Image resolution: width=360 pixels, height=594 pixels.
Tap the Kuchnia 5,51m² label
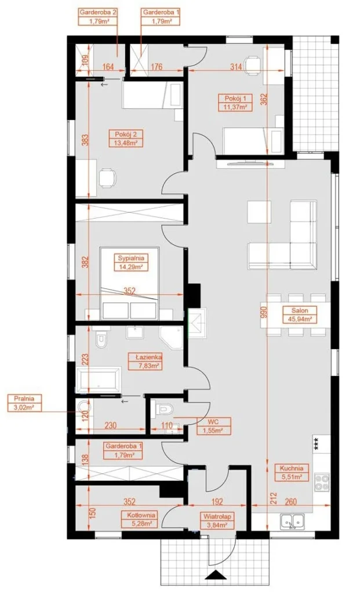tap(292, 472)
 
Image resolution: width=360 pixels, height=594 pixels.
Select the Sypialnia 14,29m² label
tap(131, 262)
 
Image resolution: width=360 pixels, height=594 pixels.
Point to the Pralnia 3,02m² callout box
tap(24, 403)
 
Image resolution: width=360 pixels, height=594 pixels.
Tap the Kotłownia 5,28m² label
tap(139, 519)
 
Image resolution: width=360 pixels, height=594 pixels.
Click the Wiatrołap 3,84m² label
tap(217, 520)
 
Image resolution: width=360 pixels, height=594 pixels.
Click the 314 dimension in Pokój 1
tap(236, 67)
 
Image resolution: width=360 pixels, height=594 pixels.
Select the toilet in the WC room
tap(165, 409)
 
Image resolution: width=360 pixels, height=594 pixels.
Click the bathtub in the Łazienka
tap(98, 379)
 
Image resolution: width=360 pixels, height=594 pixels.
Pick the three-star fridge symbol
tap(317, 444)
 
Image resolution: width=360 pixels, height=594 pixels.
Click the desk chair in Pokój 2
tap(107, 178)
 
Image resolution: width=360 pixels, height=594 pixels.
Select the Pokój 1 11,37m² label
tap(235, 102)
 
